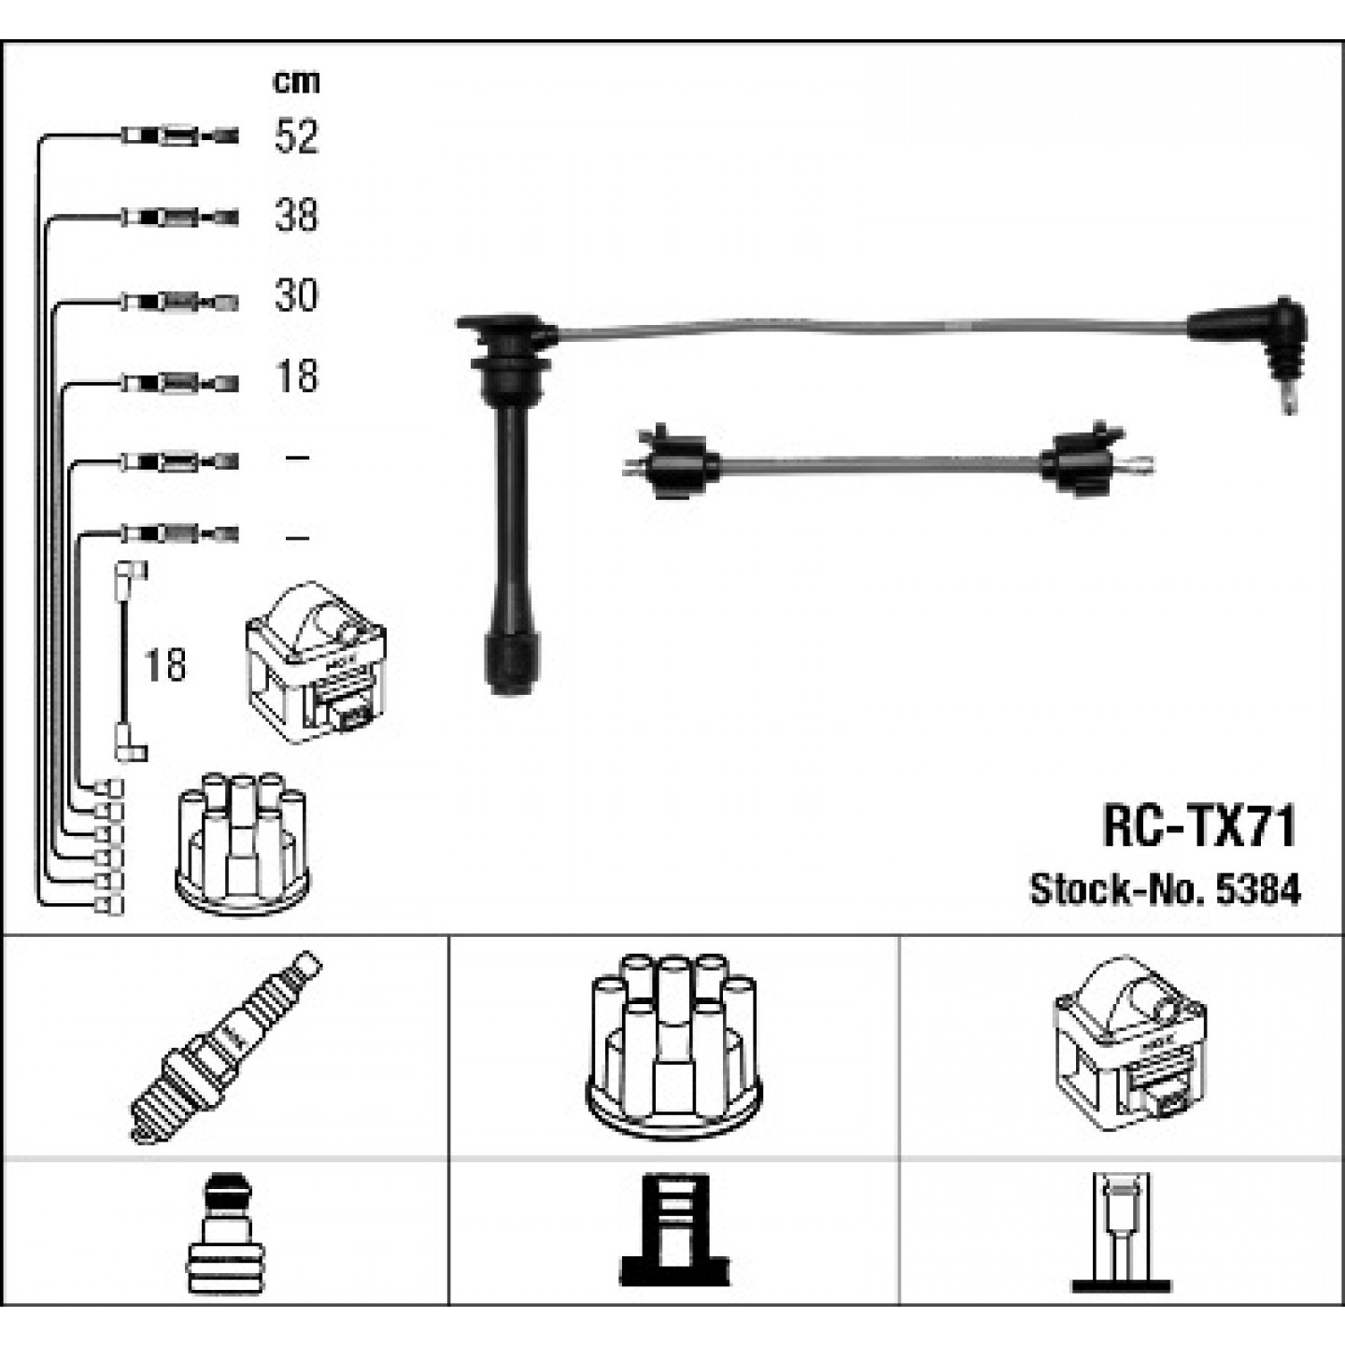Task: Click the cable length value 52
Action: (296, 136)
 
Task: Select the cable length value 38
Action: (296, 216)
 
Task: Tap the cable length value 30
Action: (296, 295)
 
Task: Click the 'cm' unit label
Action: (296, 82)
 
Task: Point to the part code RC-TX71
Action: (1199, 827)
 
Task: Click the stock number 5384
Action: (1258, 890)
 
